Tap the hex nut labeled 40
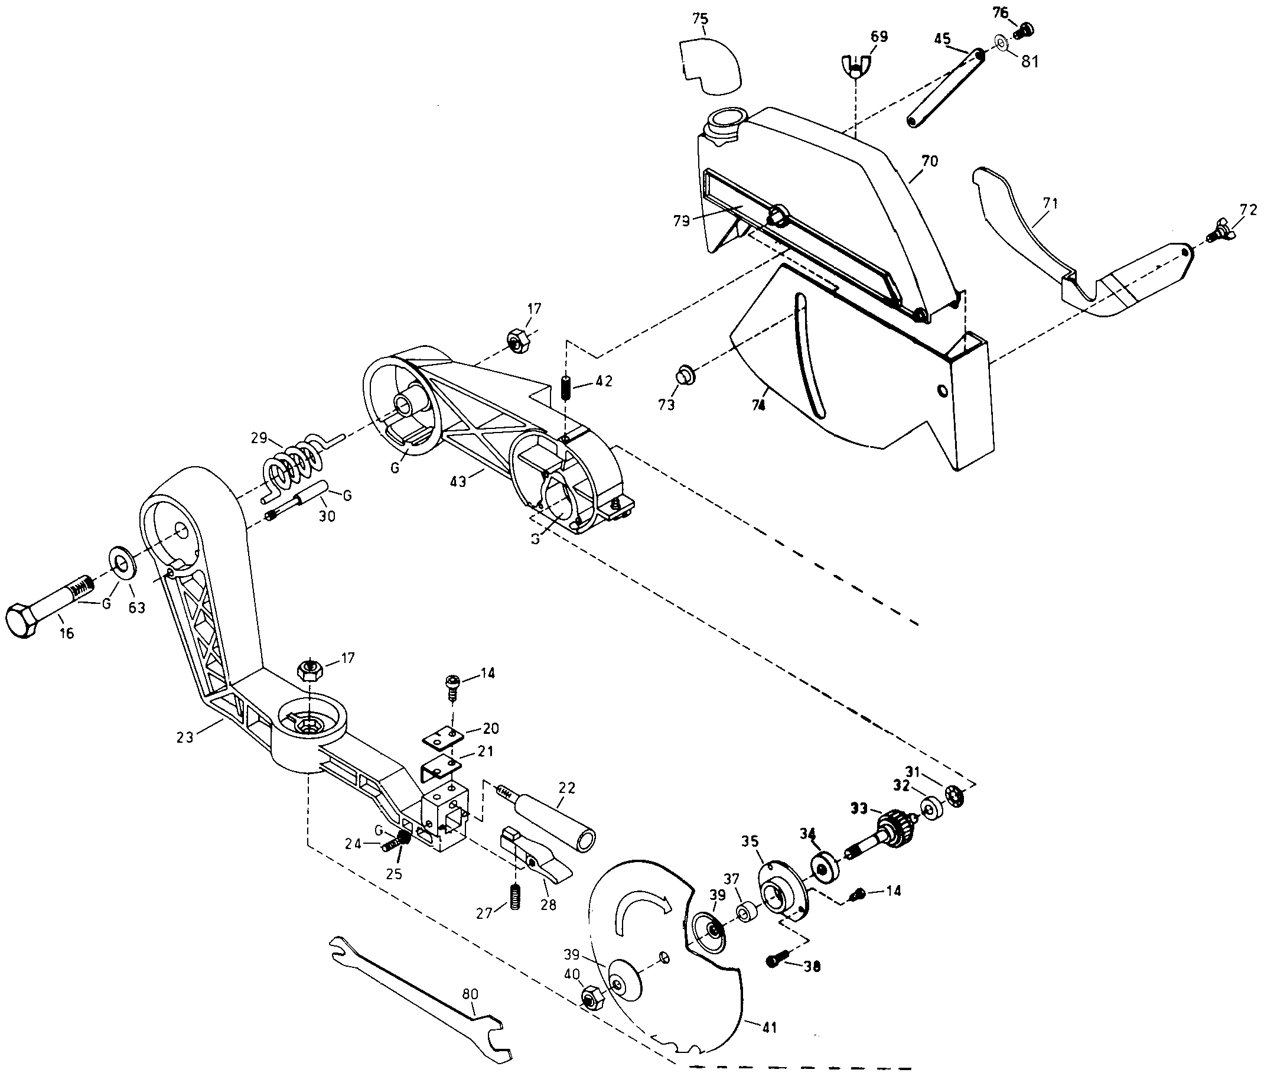[590, 997]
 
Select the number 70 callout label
[929, 162]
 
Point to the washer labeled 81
[1000, 42]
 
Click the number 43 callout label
[458, 481]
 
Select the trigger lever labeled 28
[536, 861]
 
